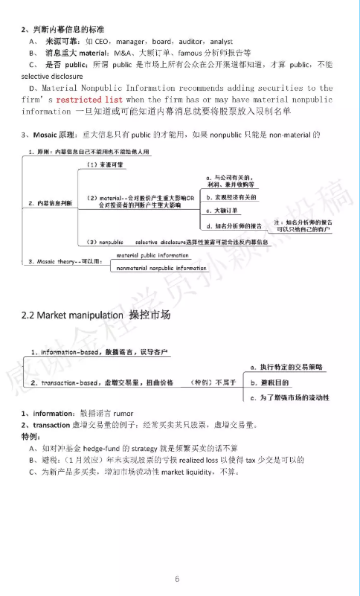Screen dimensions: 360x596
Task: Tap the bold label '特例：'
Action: (32, 437)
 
